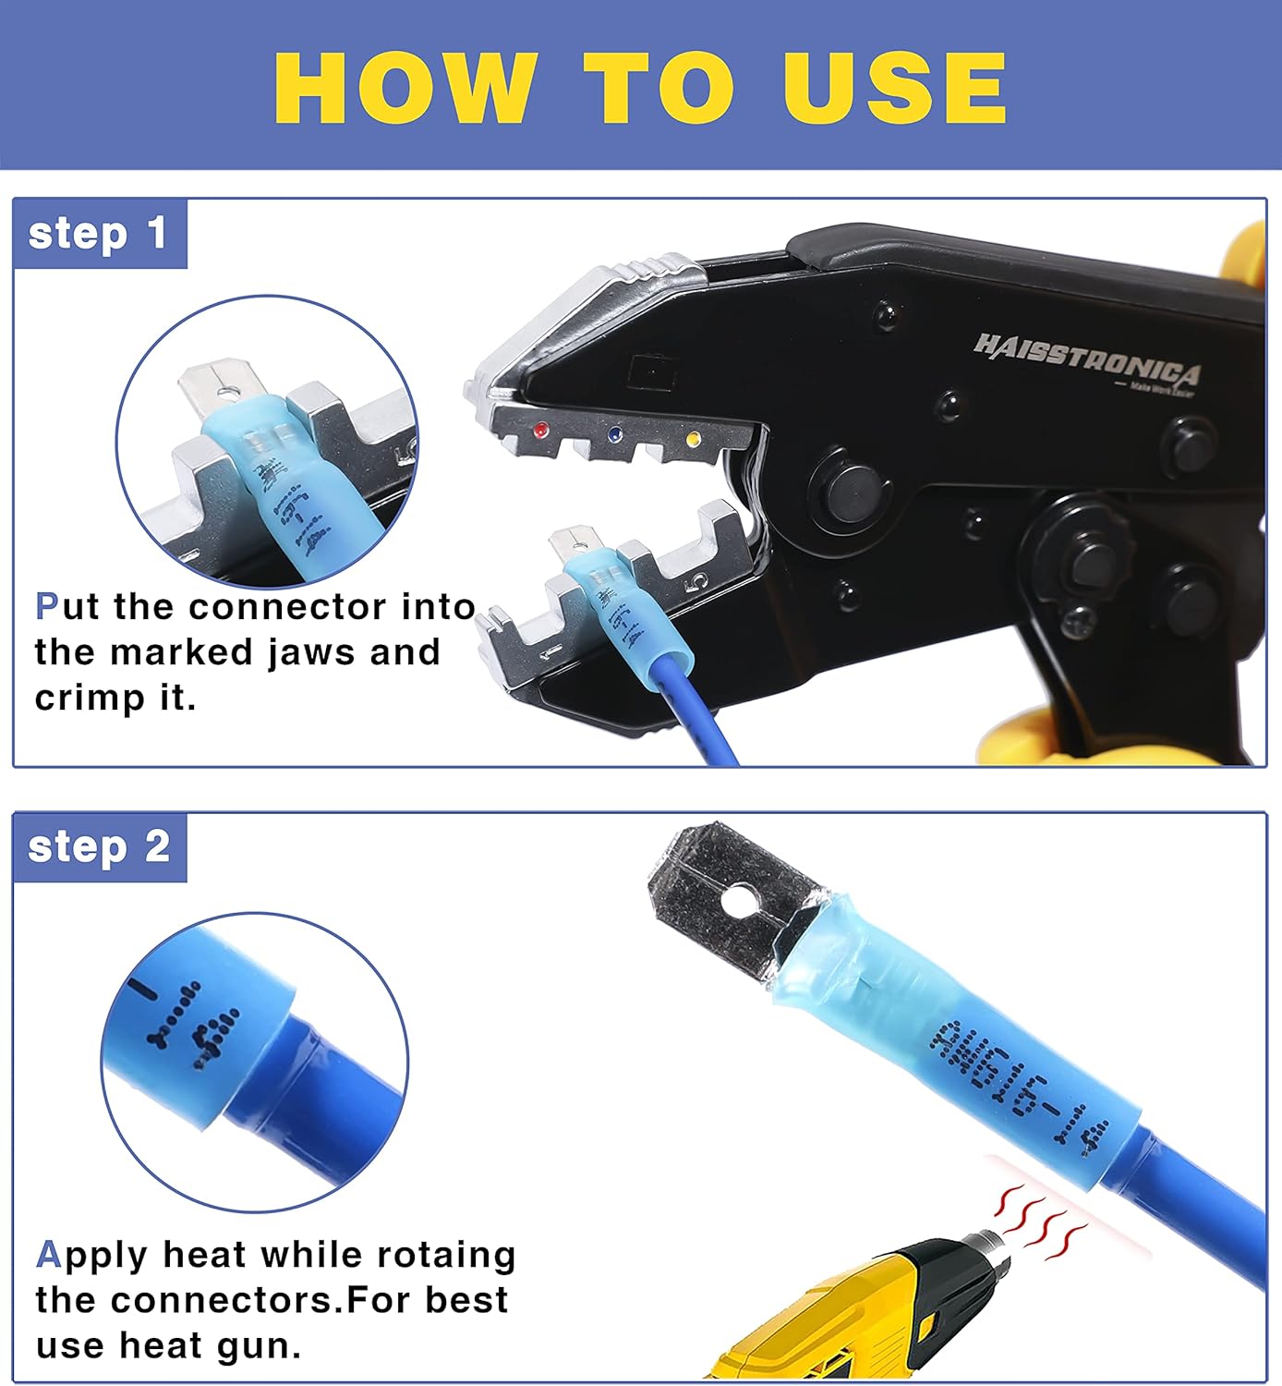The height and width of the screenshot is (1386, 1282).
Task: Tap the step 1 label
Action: [98, 234]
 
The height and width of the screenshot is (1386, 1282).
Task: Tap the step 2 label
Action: [99, 847]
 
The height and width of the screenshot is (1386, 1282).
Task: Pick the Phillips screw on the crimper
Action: [1082, 622]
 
